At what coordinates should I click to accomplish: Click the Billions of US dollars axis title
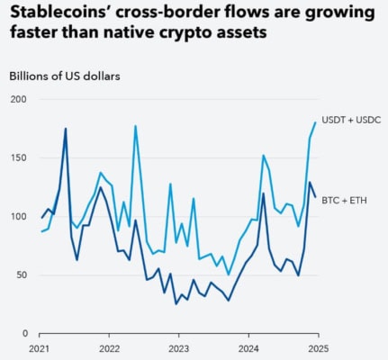pos(65,76)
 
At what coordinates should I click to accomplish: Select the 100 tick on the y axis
pos(19,217)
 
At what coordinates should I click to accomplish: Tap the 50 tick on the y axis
pos(22,274)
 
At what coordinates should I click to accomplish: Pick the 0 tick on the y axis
pos(25,333)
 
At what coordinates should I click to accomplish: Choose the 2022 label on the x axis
pos(110,347)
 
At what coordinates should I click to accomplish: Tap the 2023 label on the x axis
pos(179,347)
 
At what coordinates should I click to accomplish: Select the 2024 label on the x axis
pos(248,347)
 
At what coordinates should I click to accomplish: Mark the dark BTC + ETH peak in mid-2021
pos(65,129)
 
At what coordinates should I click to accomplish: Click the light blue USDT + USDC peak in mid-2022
pos(135,126)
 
